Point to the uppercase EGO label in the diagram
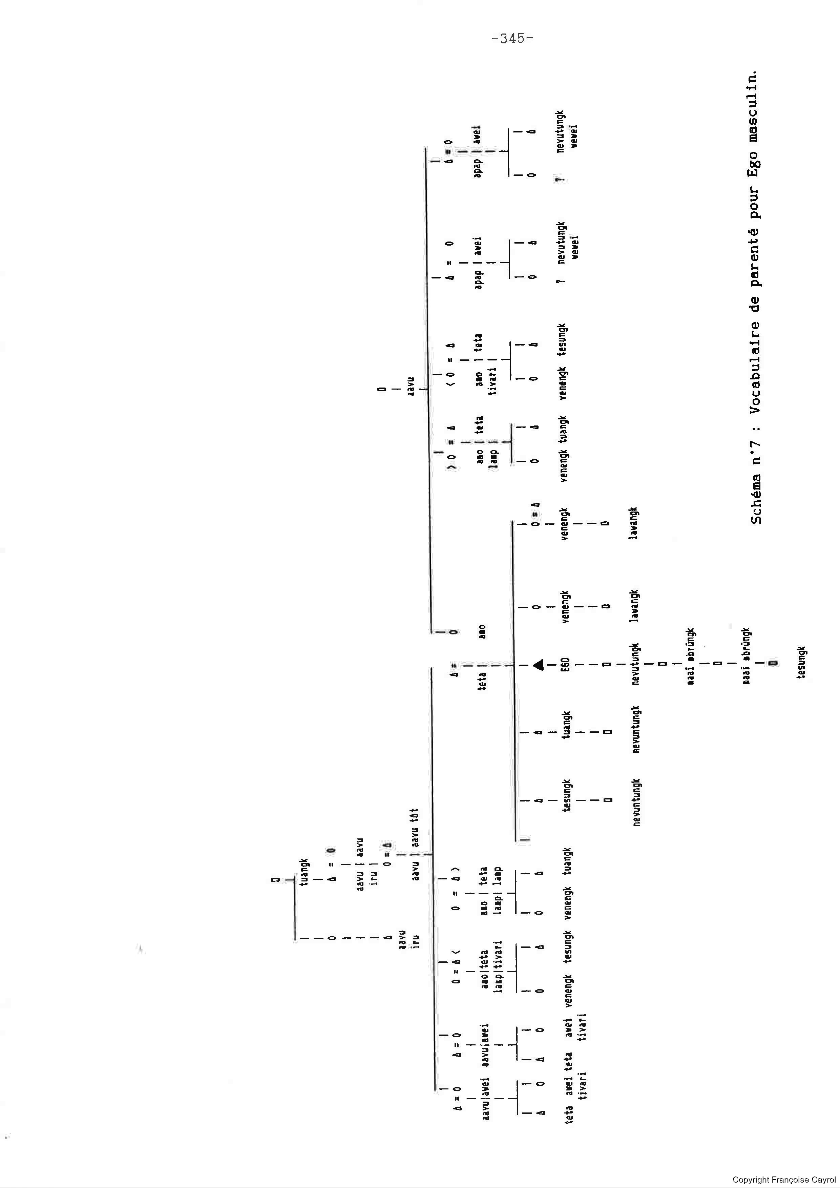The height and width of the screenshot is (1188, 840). pyautogui.click(x=565, y=664)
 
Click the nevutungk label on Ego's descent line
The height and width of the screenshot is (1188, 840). pyautogui.click(x=636, y=664)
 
